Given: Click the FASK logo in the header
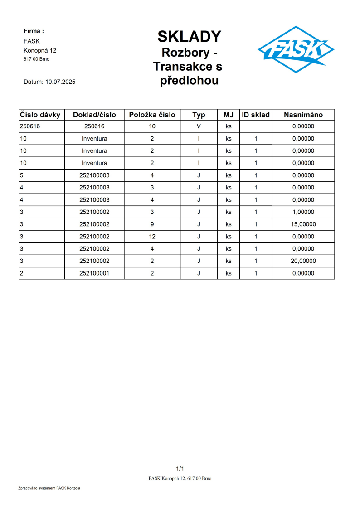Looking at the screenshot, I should [x=296, y=49].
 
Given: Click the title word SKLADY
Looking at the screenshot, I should [x=189, y=36].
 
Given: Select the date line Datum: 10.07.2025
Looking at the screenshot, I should [x=49, y=82].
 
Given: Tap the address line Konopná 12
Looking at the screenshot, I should [x=40, y=50].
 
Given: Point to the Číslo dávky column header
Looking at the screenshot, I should [x=40, y=115].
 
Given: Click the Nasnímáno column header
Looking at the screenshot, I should [x=303, y=115].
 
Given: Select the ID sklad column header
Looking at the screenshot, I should [x=256, y=115].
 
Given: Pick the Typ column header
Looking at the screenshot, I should [x=199, y=115].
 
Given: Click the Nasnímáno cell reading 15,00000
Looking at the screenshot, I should [x=303, y=224].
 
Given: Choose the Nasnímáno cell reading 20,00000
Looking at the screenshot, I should [x=303, y=261].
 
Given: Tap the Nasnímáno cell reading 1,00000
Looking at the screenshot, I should [x=303, y=212].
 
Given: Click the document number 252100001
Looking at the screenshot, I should [x=94, y=273].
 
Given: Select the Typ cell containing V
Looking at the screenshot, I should [x=199, y=126].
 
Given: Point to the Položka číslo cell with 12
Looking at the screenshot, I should [x=152, y=237].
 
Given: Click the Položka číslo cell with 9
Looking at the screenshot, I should [x=152, y=224].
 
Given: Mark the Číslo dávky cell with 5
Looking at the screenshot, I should [x=22, y=175].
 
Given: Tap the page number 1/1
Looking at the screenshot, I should [x=180, y=469].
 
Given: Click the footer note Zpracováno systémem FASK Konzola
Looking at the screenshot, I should [x=49, y=488].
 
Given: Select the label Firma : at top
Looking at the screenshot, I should [x=34, y=31].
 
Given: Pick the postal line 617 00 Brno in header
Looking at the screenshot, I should [x=36, y=59].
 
